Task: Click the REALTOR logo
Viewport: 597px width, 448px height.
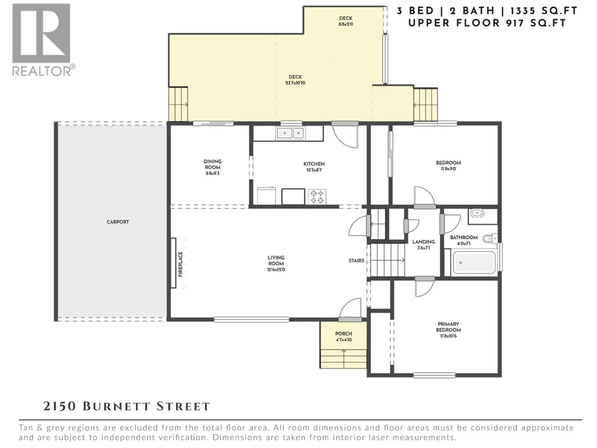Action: point(42,39)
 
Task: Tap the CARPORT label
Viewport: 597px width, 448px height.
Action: point(118,222)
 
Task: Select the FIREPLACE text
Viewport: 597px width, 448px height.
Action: point(180,264)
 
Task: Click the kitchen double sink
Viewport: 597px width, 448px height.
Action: point(291,133)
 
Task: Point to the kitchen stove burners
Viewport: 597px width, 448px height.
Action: point(317,197)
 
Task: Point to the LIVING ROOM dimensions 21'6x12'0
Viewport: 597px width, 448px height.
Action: point(276,270)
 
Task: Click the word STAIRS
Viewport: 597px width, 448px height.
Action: point(356,261)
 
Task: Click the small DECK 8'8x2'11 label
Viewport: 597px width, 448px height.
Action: point(345,21)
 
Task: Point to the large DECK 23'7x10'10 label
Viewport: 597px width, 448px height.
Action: point(295,80)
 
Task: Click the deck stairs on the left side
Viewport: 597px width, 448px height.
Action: point(178,104)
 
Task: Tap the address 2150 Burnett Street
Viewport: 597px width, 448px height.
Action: point(127,406)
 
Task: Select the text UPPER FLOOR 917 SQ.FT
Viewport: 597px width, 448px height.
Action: point(487,23)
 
